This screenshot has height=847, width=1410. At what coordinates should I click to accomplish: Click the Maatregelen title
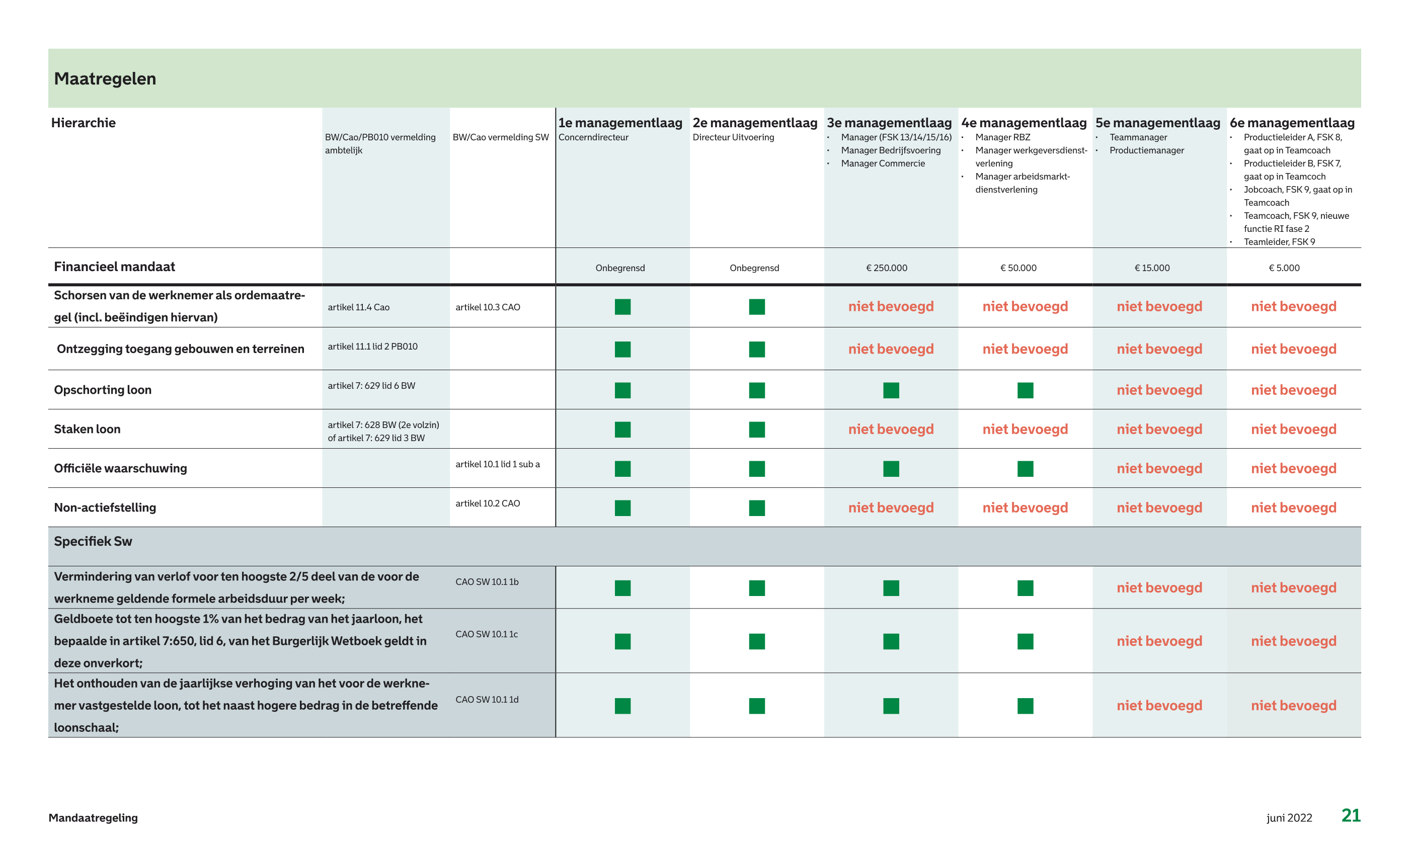[105, 79]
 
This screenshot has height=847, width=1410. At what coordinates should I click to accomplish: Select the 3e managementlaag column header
[889, 123]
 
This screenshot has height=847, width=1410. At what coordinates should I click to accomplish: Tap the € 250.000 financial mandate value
[887, 268]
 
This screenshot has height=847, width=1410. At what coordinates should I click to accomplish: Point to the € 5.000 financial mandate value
[1284, 268]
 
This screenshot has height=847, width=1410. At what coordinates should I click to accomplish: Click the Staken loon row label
[88, 429]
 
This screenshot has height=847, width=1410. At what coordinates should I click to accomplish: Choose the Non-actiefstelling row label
[105, 507]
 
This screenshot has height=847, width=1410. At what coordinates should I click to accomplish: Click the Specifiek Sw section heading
[93, 542]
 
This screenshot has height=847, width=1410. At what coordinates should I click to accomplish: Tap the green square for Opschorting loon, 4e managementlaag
[1025, 390]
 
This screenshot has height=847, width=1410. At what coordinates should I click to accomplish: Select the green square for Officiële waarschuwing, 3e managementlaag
[891, 469]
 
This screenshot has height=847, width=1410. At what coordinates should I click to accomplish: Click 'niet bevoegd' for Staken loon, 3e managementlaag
[891, 429]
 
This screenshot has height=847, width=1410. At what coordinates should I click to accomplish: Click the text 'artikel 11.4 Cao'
[358, 307]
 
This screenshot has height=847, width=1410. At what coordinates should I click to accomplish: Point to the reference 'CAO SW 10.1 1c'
[487, 634]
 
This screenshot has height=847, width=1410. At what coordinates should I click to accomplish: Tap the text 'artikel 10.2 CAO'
[488, 503]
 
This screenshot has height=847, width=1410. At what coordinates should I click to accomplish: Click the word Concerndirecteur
[593, 137]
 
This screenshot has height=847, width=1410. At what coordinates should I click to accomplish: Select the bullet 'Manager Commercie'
[883, 164]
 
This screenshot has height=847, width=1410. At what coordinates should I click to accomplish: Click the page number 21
[1351, 816]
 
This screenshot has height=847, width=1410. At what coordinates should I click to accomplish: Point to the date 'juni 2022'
[1289, 818]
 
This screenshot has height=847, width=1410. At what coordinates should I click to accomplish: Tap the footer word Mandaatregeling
[93, 818]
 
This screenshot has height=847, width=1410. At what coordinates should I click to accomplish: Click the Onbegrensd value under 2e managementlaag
[754, 268]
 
